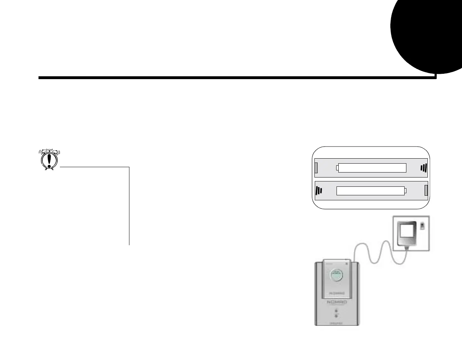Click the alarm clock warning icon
pos(49,159)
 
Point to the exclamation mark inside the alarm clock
pos(49,160)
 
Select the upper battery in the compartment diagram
pos(372,168)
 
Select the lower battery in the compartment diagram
pos(370,191)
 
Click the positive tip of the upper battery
pos(337,168)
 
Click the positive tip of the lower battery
pos(405,191)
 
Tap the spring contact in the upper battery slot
pos(423,168)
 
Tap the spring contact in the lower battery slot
pos(319,191)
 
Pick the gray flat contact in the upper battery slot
pos(316,168)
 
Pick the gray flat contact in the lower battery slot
pos(426,191)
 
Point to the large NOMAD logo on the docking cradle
pos(337,302)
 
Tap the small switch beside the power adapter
pos(423,226)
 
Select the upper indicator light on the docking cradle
pos(336,311)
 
